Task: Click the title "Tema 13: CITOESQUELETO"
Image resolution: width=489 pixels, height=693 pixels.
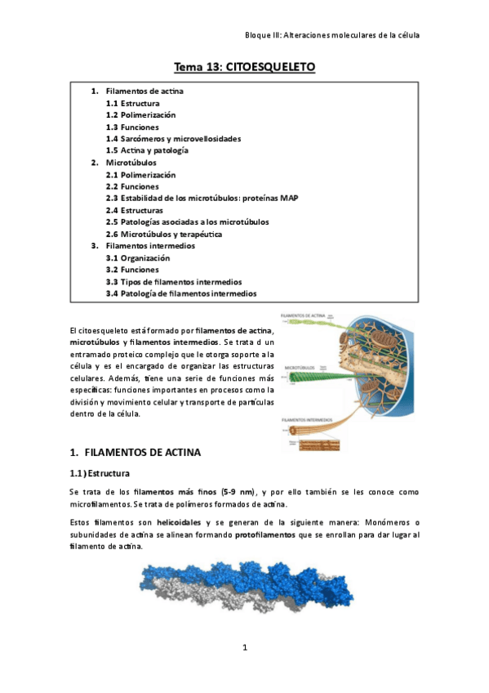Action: [x=244, y=66]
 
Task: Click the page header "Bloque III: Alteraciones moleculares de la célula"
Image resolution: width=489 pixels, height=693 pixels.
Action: [x=332, y=35]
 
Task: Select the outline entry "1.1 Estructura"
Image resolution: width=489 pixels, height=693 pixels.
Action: [x=132, y=104]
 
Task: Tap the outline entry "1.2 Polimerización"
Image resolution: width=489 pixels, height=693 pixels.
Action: [x=140, y=115]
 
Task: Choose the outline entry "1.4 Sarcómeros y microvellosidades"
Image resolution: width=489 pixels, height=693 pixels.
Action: [x=173, y=139]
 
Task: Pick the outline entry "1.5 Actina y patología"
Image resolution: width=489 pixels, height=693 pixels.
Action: [x=147, y=150]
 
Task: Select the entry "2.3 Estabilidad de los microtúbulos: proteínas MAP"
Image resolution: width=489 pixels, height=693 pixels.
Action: [x=202, y=198]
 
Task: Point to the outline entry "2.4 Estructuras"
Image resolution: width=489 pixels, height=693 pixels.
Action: [x=134, y=210]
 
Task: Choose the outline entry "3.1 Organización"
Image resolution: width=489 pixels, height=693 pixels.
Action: [x=138, y=257]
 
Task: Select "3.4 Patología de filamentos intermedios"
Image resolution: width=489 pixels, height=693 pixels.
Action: [x=180, y=293]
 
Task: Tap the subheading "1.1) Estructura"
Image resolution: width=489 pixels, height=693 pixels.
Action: [x=104, y=473]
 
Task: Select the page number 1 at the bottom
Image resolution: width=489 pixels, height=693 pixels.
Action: [x=244, y=648]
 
